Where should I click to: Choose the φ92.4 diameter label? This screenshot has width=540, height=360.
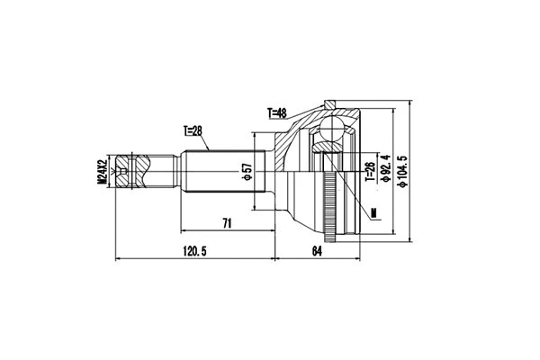pyautogui.click(x=384, y=167)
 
